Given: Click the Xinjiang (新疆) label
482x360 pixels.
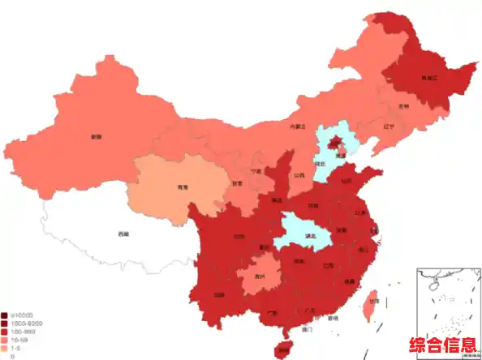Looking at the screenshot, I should pos(97,136).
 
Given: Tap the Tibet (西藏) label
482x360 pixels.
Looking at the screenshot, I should pos(123,234).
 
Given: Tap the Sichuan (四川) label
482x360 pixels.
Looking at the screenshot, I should pos(239,237).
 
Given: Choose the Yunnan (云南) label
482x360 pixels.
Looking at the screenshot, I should pos(219,295).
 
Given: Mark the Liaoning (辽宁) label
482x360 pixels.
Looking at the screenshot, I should pos(389,126).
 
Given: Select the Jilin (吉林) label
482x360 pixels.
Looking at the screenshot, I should pos(403,105).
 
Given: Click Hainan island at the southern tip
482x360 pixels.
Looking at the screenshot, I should pos(282,349).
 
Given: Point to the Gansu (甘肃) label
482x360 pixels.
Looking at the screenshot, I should pos(238,183).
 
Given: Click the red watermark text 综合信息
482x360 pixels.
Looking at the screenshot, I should pos(443,345).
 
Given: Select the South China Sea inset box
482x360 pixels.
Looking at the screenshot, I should pos(447,300).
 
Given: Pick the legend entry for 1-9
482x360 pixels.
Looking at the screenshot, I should pos(15,347).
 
